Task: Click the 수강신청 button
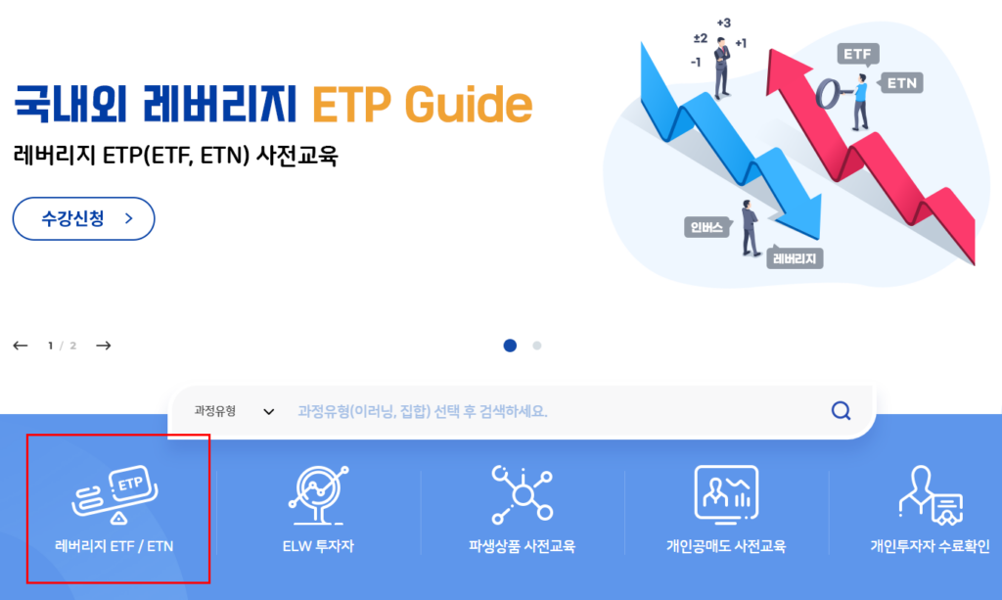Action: pos(84,218)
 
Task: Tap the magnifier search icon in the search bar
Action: pos(841,410)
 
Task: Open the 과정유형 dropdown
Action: pos(234,411)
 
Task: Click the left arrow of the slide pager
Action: pos(21,346)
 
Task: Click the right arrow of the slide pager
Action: pos(104,346)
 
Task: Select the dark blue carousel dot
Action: pos(510,346)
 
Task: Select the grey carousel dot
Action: pos(537,346)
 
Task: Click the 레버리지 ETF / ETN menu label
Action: pos(114,546)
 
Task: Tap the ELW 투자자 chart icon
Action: pos(318,494)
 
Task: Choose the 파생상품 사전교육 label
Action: pos(523,546)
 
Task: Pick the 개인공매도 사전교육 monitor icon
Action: pos(726,494)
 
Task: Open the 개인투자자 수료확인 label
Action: pos(930,546)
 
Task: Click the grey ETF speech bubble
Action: pos(857,54)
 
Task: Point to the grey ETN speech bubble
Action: pos(901,83)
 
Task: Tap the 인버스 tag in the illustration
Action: pos(706,227)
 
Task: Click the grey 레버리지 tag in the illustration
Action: pos(795,258)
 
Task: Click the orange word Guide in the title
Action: pos(469,105)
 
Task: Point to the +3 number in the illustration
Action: pos(723,23)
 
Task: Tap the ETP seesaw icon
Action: pos(115,494)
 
